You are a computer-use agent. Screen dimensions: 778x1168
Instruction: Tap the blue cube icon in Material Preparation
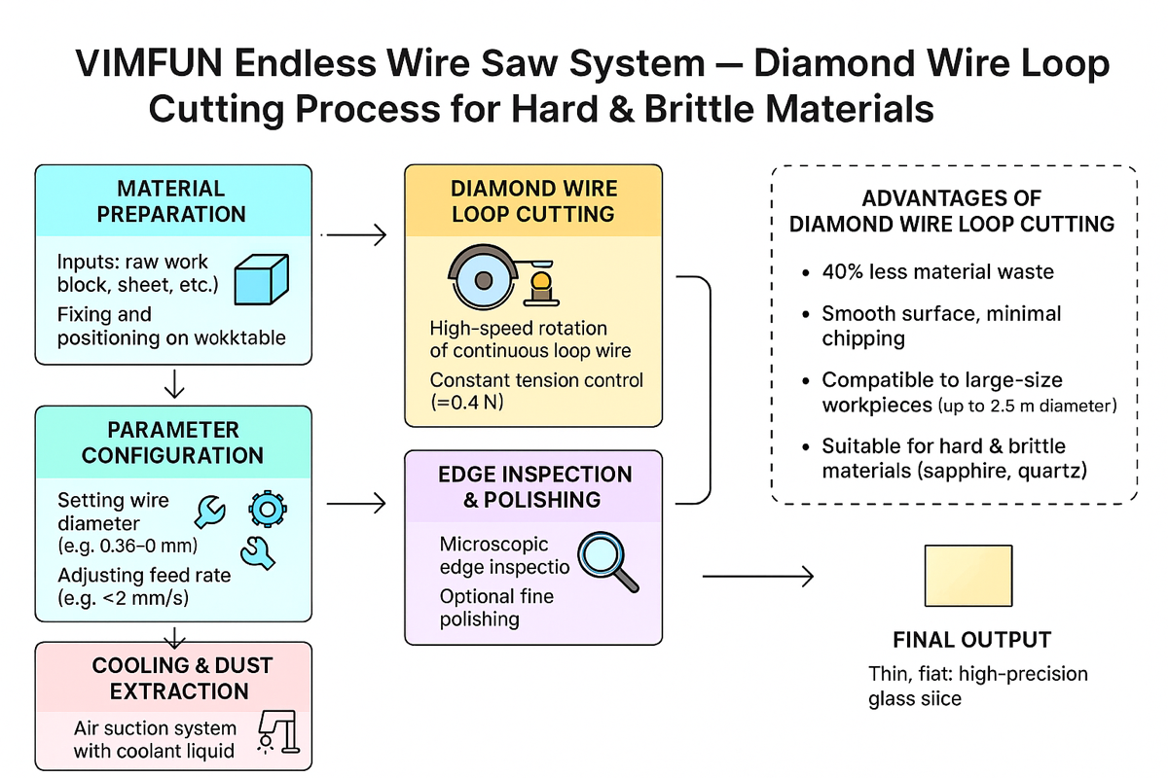pos(263,281)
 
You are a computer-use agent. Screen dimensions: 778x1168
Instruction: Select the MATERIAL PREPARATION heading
pos(171,200)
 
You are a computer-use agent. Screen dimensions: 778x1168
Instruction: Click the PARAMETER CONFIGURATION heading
pos(172,442)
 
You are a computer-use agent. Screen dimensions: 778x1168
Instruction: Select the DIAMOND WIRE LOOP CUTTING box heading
pos(532,200)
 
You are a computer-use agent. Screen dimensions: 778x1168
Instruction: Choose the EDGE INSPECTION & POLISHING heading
pos(534,487)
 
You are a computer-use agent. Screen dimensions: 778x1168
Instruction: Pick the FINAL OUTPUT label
pos(971,640)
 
